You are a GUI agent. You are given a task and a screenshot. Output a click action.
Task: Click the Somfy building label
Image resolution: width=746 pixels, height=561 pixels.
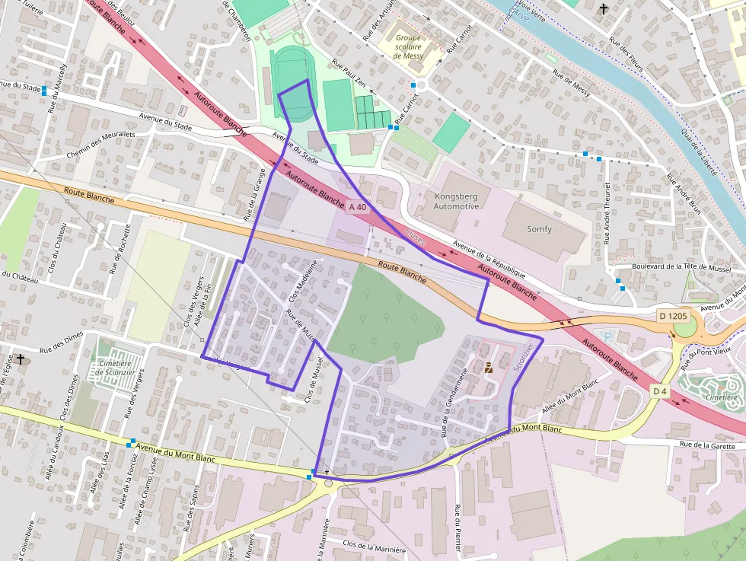click(539, 228)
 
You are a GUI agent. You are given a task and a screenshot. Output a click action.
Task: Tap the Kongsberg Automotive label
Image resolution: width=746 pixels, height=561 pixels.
click(456, 201)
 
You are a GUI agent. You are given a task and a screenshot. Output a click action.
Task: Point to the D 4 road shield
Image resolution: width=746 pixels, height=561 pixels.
click(659, 390)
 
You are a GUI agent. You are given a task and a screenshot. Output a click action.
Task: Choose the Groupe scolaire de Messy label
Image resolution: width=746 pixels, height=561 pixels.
click(408, 46)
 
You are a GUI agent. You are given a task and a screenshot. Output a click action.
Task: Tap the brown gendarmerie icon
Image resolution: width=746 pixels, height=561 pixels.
click(488, 367)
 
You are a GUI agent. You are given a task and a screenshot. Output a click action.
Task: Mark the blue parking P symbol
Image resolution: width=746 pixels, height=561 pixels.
click(607, 336)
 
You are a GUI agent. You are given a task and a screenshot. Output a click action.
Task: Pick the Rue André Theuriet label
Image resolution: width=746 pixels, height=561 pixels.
click(607, 213)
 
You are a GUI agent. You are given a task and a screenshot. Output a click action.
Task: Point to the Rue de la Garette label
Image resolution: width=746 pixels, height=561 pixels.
click(712, 445)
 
